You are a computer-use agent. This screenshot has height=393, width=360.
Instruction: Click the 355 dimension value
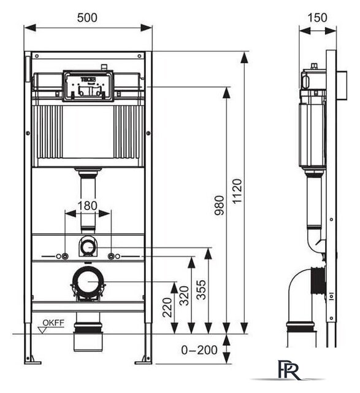click(x=202, y=289)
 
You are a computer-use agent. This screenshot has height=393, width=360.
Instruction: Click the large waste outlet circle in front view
click(x=88, y=284)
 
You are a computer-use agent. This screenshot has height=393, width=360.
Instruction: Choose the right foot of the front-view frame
click(x=146, y=357)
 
